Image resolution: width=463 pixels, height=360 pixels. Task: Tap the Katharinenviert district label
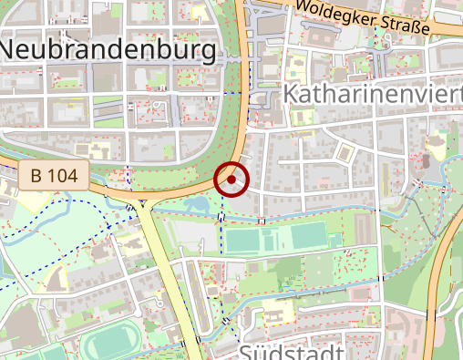[373, 94]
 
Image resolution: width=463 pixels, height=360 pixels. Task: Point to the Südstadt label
[292, 352]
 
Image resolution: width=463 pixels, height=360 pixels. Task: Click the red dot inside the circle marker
[232, 180]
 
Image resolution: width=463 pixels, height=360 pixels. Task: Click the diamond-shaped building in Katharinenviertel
[345, 150]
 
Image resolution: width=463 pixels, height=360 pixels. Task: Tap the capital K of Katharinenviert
[291, 94]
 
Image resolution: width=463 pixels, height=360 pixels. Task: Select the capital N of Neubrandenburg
[14, 49]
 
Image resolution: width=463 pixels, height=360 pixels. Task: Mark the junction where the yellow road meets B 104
[143, 199]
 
